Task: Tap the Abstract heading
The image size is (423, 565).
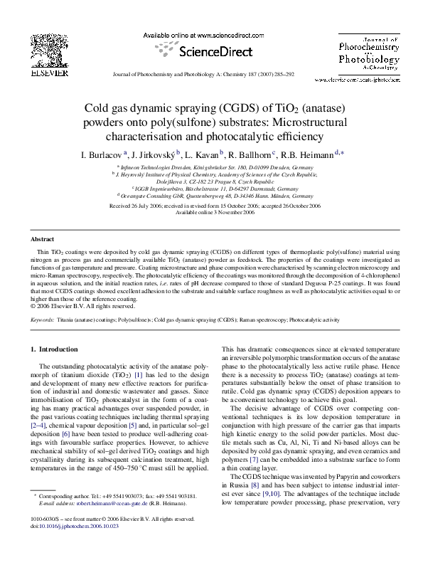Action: (46, 240)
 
